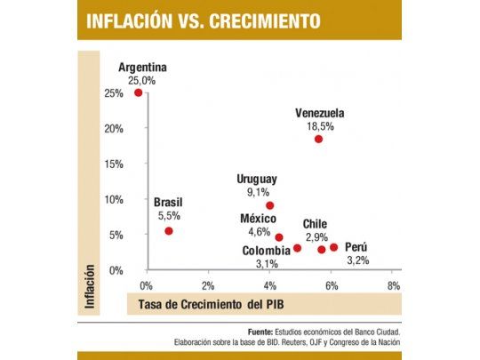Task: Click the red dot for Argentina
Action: [x=138, y=92]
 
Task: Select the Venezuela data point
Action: [x=318, y=139]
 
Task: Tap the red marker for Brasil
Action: [x=169, y=231]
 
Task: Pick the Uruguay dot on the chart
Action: [x=269, y=205]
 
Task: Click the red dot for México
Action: [x=279, y=237]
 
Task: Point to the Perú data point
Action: [x=334, y=247]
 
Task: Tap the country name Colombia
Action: [x=266, y=251]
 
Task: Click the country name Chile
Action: [x=316, y=224]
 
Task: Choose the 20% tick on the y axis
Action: [x=113, y=128]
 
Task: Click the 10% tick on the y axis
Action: [x=113, y=199]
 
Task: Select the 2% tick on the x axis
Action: [x=208, y=285]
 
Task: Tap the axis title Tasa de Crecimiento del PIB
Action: [x=204, y=305]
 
